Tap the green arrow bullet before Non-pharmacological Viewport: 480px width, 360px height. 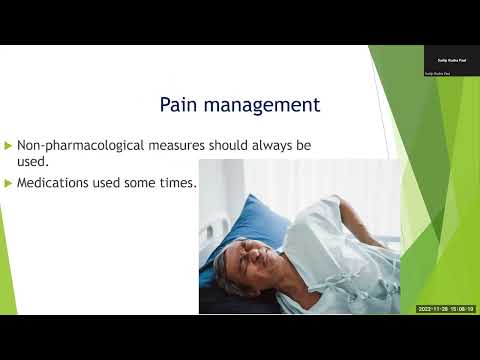9,146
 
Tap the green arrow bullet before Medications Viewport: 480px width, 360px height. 9,183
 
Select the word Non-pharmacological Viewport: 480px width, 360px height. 76,146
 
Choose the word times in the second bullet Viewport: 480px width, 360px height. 175,183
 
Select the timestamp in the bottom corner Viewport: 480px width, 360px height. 446,309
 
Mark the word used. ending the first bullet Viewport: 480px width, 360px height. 34,164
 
